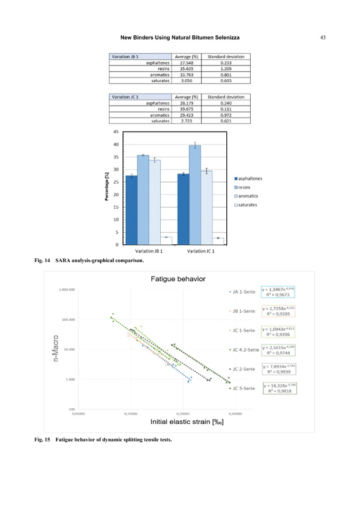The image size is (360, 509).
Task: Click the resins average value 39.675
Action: (x=182, y=109)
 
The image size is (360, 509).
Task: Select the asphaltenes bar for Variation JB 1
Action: (x=131, y=210)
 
